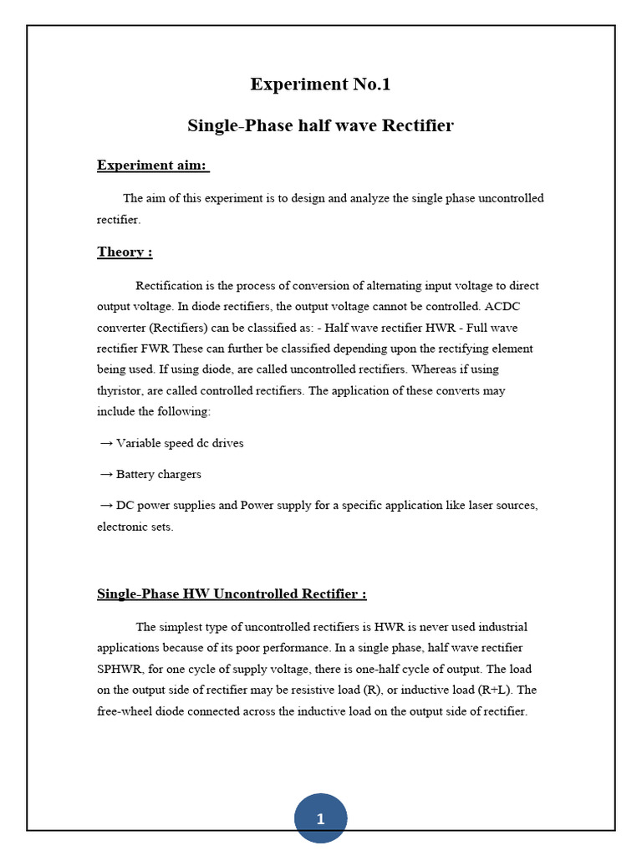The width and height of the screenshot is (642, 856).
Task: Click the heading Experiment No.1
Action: point(320,84)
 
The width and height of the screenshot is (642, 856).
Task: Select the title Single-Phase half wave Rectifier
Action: point(320,125)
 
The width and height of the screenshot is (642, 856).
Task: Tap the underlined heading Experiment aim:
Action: point(152,165)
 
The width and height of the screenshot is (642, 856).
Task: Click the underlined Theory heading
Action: point(125,252)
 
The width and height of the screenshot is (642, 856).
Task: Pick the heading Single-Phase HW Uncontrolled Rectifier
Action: point(232,594)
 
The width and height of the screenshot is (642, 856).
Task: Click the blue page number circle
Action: point(320,818)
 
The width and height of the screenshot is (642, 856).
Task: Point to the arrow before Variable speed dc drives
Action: point(106,443)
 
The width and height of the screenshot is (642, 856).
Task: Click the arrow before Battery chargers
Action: point(106,474)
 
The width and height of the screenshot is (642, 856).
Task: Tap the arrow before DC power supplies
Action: point(106,506)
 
